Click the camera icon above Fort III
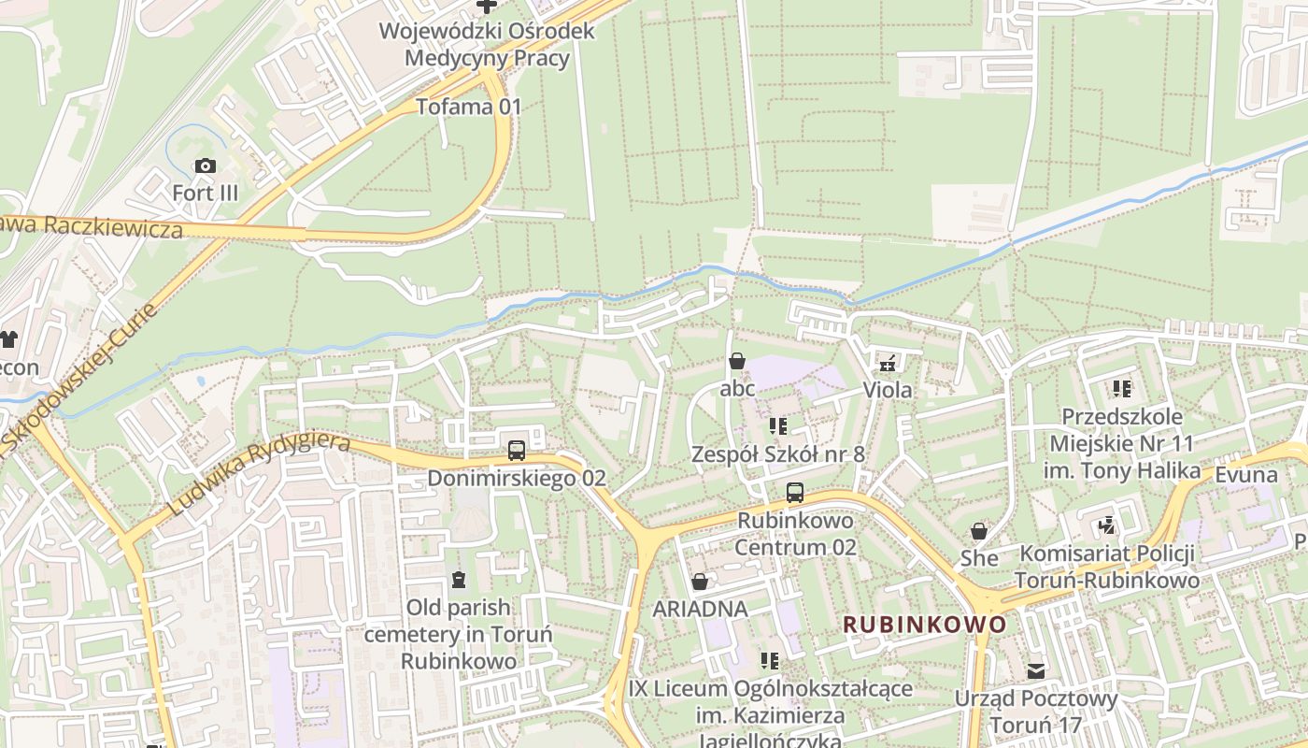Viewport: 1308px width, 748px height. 205,166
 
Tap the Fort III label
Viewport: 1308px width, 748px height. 205,194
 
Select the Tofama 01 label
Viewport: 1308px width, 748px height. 468,106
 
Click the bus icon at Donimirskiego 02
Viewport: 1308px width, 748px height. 517,451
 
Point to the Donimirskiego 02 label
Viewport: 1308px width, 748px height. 517,478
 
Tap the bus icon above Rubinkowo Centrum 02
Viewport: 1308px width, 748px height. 795,492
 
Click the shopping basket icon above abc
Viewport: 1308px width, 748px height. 737,361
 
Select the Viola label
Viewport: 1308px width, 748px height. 888,389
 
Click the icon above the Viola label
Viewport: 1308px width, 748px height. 888,362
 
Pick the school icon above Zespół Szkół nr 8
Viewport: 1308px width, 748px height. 777,426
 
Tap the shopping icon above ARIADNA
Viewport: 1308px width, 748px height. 700,582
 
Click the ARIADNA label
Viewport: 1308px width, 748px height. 700,609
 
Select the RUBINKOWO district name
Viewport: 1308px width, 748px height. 925,624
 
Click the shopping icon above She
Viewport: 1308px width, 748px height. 979,531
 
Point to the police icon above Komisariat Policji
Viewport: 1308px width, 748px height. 1107,525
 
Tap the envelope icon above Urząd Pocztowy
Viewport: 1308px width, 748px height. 1036,670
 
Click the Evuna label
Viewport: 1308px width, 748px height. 1245,474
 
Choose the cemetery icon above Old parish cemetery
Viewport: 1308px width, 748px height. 458,580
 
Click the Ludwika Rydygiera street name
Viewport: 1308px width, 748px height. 260,474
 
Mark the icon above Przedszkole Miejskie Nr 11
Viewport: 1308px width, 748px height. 1121,388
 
